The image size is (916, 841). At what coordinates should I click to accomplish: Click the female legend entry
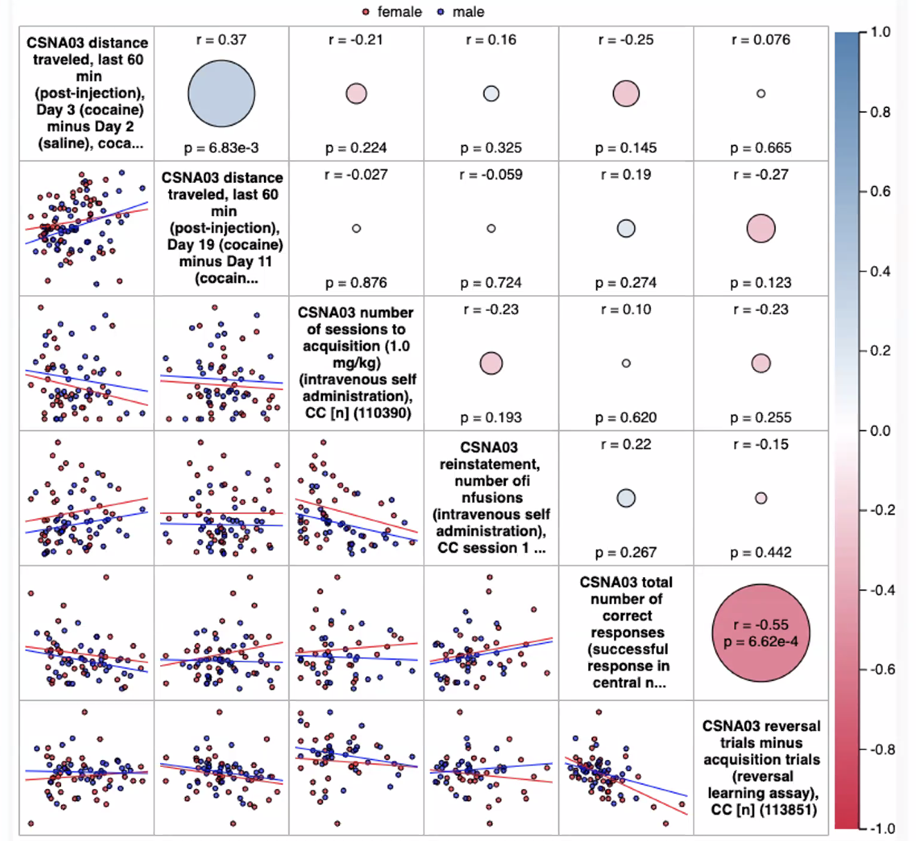(x=392, y=12)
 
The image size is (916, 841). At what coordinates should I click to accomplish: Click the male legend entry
(x=461, y=12)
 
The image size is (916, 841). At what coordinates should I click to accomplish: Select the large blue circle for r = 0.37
(x=222, y=94)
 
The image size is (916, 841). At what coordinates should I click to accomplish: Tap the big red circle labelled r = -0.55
(x=761, y=632)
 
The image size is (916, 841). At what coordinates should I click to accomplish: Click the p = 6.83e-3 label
(x=222, y=148)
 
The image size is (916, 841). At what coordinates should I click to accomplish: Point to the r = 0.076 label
(x=761, y=39)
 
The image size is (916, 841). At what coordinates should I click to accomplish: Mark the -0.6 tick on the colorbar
(x=879, y=669)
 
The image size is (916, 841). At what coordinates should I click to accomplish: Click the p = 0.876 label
(x=356, y=283)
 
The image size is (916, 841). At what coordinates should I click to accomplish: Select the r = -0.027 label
(x=356, y=175)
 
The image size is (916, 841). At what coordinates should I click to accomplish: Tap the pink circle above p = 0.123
(x=761, y=229)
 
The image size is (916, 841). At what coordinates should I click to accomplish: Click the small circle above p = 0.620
(x=626, y=363)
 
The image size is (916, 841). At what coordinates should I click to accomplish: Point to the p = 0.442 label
(x=761, y=552)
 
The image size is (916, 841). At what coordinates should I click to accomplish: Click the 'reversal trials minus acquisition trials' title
(x=761, y=768)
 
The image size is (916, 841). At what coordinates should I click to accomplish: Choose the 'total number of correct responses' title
(x=626, y=632)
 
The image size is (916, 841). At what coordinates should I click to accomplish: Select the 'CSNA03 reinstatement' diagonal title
(x=491, y=497)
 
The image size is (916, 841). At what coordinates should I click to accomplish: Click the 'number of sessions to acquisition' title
(x=356, y=363)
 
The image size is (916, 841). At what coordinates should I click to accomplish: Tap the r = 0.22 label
(x=626, y=444)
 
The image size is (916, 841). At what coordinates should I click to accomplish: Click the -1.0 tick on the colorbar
(x=881, y=829)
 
